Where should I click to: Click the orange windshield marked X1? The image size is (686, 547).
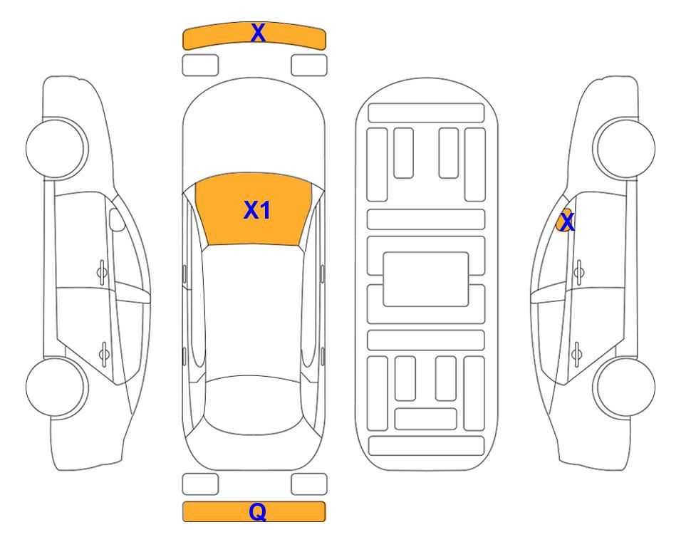coord(254,209)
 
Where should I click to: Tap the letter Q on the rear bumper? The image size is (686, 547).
coord(258,511)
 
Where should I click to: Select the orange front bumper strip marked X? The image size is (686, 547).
coord(254,36)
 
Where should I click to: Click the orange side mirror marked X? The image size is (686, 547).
coord(564,220)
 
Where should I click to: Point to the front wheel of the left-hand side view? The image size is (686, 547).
coord(56,148)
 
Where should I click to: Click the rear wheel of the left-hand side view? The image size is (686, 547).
coord(56,387)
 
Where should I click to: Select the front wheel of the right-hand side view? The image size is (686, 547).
coord(624,148)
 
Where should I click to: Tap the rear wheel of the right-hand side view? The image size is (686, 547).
coord(624,387)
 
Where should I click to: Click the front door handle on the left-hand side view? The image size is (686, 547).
coord(102,272)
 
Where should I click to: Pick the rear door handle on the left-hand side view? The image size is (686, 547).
coord(104,353)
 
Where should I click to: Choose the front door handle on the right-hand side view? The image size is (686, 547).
coord(578,272)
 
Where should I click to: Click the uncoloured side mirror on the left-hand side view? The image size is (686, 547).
coord(117,219)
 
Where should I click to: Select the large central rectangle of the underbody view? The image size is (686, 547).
coord(426,279)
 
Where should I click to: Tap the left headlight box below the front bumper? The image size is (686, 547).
coord(200,66)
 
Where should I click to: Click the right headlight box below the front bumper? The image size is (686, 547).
coord(309,66)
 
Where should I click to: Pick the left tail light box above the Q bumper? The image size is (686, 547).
coord(200,484)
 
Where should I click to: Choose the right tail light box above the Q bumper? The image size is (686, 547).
coord(309,484)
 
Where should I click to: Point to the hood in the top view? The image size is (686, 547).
coord(254,131)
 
